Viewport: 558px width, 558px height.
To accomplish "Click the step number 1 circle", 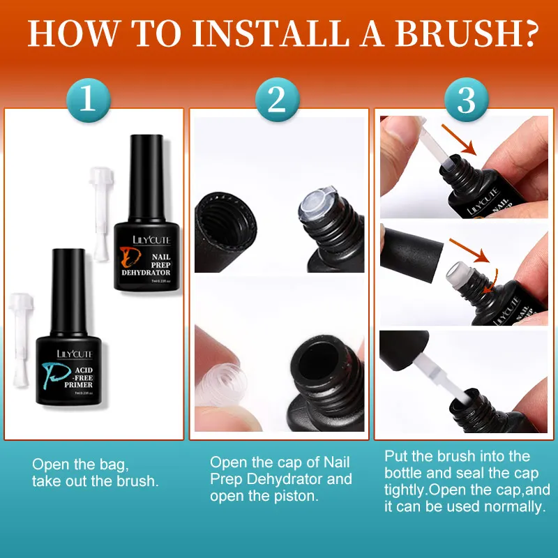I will click(88, 99).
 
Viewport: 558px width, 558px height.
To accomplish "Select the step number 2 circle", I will click(278, 99).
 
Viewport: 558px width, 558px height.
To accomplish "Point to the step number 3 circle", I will click(466, 99).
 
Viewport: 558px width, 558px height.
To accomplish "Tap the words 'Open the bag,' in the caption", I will click(81, 464).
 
